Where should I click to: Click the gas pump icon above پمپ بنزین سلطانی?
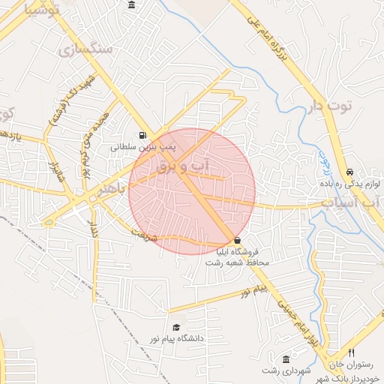click(x=143, y=136)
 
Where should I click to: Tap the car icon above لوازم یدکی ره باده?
click(x=351, y=171)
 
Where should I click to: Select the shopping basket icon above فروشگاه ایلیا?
click(x=238, y=241)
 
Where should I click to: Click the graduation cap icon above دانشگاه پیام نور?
click(x=175, y=328)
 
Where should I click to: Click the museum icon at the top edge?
click(x=132, y=6)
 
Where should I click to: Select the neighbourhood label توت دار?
click(x=329, y=106)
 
